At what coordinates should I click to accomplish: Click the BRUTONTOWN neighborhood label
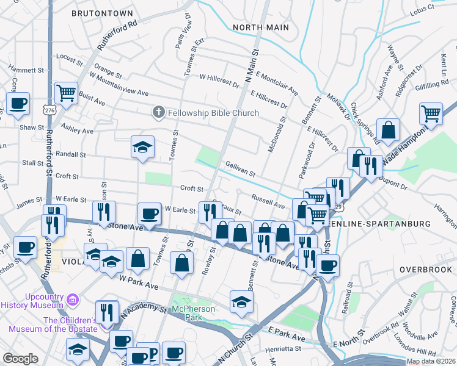tap(102, 12)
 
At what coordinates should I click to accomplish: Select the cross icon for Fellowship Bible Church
tap(158, 113)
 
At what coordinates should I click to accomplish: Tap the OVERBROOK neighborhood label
tap(425, 269)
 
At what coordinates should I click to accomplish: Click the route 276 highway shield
tap(49, 110)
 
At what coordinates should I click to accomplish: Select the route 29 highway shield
tap(338, 207)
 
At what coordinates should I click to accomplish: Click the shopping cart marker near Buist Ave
tap(66, 93)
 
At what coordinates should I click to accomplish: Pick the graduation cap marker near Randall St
tap(142, 147)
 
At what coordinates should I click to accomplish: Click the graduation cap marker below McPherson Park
tap(241, 301)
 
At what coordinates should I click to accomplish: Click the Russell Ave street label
tap(268, 201)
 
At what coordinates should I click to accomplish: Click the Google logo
tap(20, 358)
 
